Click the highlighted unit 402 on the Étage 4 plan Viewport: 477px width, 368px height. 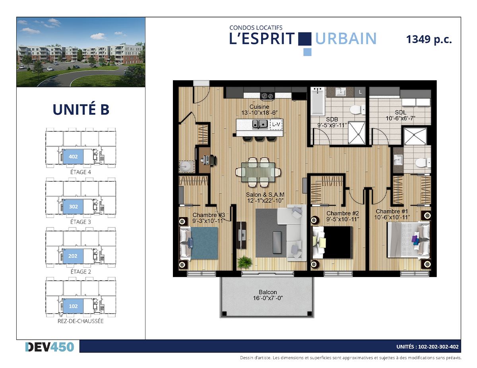(73, 156)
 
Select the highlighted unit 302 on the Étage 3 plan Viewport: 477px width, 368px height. (73, 206)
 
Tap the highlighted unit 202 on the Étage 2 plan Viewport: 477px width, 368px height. (73, 256)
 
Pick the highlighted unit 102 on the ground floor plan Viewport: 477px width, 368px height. (73, 306)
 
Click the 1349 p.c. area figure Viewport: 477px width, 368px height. (429, 40)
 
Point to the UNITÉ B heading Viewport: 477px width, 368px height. (81, 109)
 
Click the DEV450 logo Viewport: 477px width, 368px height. (50, 347)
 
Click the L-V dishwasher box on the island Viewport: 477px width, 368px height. (276, 125)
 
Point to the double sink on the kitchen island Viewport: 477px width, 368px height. (260, 124)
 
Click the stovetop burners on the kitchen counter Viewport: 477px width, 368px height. (267, 96)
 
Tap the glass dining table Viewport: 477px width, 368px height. (258, 172)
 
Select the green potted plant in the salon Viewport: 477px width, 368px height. (244, 262)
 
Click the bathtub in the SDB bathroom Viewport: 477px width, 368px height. (318, 102)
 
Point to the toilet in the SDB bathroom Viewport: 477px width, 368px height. (357, 110)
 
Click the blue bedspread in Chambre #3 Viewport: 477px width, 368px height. (204, 243)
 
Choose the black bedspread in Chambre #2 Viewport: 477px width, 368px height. (337, 243)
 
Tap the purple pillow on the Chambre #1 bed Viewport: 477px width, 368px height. (415, 239)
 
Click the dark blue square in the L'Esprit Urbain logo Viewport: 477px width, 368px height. (304, 39)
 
